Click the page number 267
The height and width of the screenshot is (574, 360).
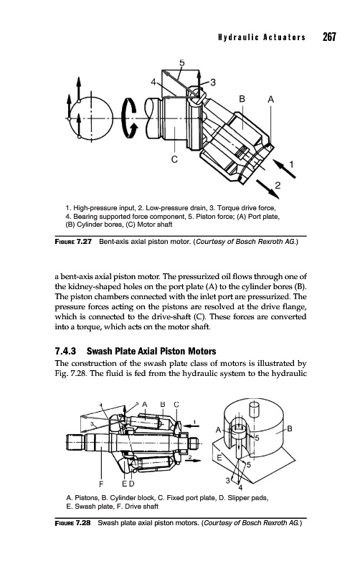(x=329, y=37)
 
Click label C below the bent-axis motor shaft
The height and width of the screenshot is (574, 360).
(x=174, y=159)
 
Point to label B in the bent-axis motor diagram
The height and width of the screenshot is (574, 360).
(x=242, y=99)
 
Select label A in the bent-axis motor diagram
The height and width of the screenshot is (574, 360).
(x=271, y=99)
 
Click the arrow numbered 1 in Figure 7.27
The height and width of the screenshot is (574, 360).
(x=284, y=169)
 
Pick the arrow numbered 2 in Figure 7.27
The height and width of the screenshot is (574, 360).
(x=267, y=189)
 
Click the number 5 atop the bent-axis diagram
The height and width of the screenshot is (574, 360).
(x=182, y=62)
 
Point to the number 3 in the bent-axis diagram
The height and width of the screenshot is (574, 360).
(x=212, y=83)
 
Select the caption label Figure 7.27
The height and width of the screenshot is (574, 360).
(x=73, y=242)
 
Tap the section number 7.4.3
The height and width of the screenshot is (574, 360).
(x=65, y=352)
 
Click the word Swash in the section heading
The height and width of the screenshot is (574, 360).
(x=99, y=352)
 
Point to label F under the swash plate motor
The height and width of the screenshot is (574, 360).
(x=101, y=484)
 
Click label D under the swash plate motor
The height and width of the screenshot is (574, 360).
(x=132, y=484)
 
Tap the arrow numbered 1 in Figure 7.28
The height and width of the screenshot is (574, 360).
(x=191, y=425)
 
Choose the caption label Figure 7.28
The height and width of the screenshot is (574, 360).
(x=73, y=523)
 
